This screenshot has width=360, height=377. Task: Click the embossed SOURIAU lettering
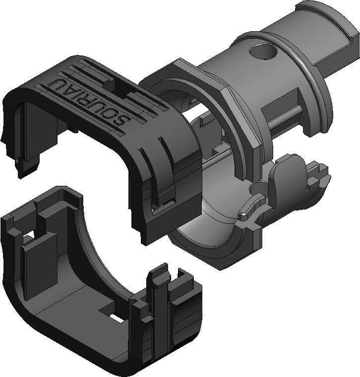89,101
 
